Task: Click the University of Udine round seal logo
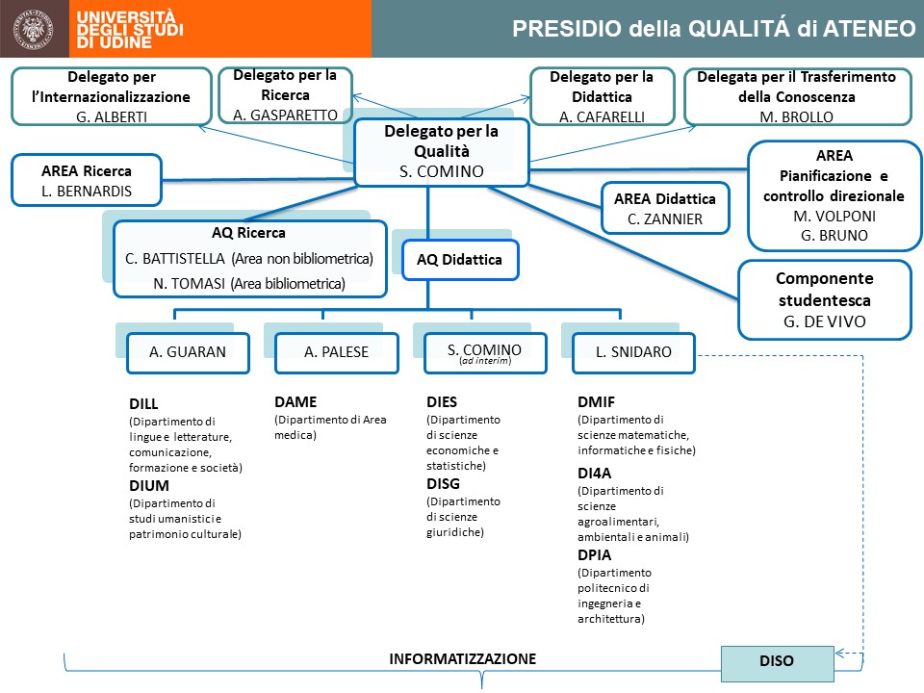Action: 36,29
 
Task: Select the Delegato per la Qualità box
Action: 441,152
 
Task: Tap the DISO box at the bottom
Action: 777,661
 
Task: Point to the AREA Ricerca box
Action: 87,180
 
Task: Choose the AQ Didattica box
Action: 459,259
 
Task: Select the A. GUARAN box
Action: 188,352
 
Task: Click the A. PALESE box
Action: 336,352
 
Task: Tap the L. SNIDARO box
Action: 634,352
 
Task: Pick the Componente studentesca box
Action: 824,300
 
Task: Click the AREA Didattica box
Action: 664,208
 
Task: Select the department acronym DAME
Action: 295,402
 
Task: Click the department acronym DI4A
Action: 595,473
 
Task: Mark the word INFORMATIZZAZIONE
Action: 462,659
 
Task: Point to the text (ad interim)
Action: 484,361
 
